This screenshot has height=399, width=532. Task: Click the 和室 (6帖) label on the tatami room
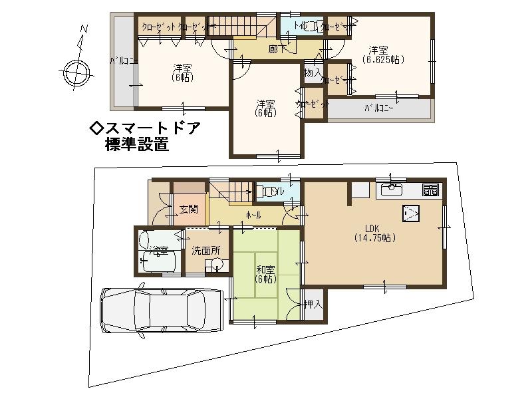[265, 275]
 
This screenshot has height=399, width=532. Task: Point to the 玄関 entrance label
[188, 209]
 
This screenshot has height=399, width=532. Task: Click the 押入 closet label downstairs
[313, 305]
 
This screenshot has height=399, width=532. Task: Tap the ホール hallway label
[253, 215]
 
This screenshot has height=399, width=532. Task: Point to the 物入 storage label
[313, 72]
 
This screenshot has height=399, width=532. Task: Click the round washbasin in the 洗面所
[216, 265]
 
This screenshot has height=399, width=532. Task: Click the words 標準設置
[137, 144]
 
